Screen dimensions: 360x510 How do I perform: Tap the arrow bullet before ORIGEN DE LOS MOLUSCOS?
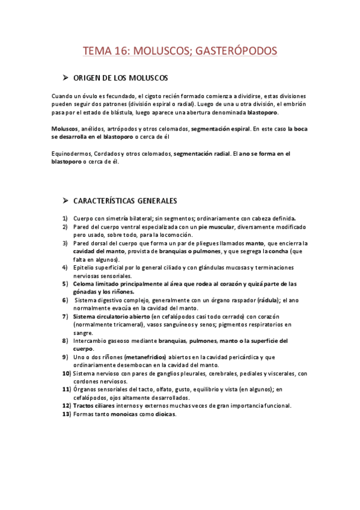coord(66,79)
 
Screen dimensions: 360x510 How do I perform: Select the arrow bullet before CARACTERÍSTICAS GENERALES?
coord(66,200)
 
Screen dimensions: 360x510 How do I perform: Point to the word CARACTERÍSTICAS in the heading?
coord(103,200)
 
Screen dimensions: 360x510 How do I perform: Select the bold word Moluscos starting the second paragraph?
coord(64,129)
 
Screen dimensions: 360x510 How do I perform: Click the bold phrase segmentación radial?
coord(202,154)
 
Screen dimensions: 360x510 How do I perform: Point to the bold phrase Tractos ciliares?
coord(94,406)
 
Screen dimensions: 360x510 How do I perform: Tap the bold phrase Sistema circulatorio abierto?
coord(111,316)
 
